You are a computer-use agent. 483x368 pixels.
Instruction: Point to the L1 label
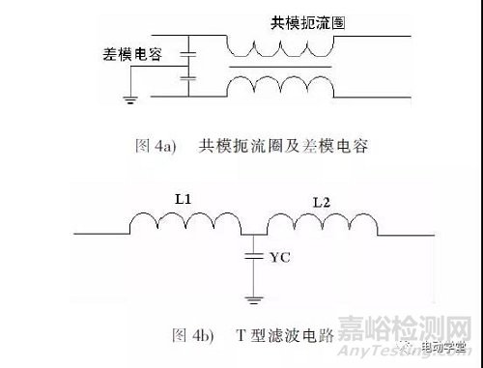tap(184, 197)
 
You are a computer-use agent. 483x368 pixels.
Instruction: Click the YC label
tap(281, 257)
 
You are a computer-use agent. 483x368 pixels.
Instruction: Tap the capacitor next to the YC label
tap(252, 257)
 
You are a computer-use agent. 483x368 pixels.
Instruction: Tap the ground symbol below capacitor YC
tap(252, 298)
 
